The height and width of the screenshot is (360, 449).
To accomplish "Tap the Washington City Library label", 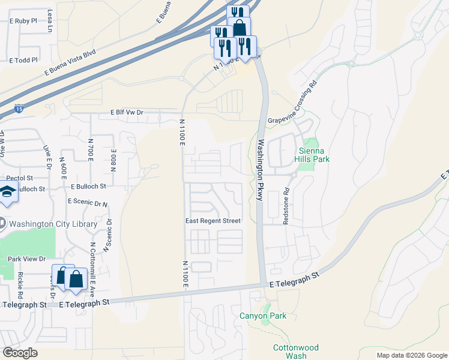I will (x=53, y=224).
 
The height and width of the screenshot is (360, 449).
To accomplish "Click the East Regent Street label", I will (x=212, y=221).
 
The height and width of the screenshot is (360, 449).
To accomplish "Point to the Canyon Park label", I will (x=263, y=316).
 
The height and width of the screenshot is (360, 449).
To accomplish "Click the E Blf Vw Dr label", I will (x=127, y=112).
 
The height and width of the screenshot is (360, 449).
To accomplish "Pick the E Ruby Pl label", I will (x=23, y=20).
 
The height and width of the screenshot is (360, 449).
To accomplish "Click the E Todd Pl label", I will (x=23, y=60).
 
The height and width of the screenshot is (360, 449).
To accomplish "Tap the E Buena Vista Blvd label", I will (x=70, y=63).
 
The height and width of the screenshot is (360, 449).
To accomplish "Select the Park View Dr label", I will (x=26, y=259).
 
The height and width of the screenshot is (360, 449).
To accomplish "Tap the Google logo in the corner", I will (x=20, y=353).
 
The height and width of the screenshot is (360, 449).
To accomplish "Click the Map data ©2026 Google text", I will (x=411, y=355).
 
